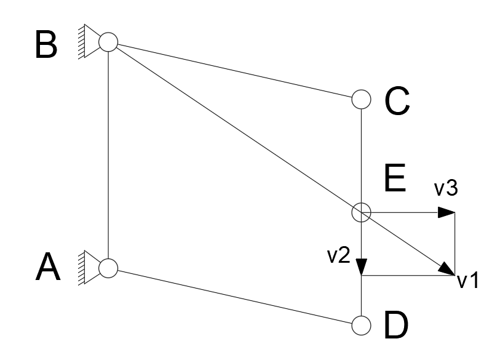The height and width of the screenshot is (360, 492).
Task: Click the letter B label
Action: [x=46, y=44]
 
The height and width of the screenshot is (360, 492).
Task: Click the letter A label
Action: [x=48, y=267]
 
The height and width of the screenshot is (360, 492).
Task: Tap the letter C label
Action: [x=397, y=101]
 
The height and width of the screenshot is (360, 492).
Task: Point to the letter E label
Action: [x=395, y=178]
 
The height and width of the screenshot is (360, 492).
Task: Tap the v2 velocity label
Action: [x=339, y=255]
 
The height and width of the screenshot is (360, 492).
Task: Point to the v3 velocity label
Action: [x=446, y=188]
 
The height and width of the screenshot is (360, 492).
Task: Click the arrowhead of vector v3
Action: [x=446, y=212]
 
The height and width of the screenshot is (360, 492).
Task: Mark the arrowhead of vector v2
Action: [x=362, y=267]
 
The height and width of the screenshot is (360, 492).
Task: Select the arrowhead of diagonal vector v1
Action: [x=447, y=270]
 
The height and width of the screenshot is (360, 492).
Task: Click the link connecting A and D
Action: [x=235, y=297]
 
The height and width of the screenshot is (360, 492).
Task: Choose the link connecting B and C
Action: [x=235, y=71]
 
